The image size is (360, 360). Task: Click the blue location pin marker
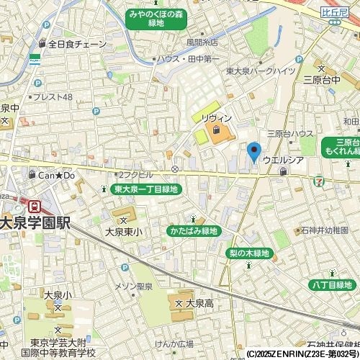tap(253, 152)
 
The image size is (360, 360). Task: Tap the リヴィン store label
tap(216, 117)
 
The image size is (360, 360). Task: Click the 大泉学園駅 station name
tap(35, 222)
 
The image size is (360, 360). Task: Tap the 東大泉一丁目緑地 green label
tap(146, 189)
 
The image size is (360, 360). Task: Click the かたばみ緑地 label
tap(192, 231)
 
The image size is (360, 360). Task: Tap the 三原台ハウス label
tap(290, 133)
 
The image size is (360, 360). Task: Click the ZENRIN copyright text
tap(302, 354)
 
